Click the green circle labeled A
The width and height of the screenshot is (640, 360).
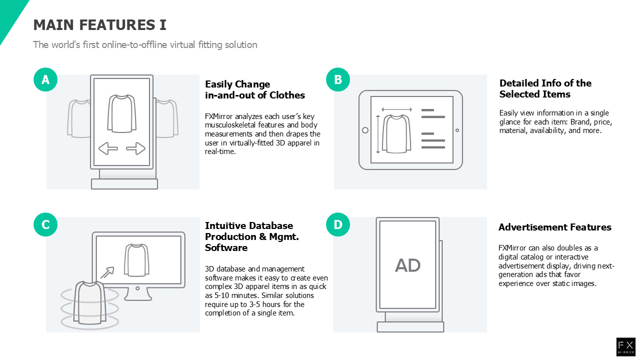tap(45, 79)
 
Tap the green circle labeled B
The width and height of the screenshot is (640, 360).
tap(338, 79)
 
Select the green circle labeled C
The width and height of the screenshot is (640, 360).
tap(45, 224)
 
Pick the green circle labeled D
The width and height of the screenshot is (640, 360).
tap(338, 224)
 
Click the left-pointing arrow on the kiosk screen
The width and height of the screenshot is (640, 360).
tap(108, 148)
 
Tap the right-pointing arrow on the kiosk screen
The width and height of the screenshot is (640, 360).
tap(135, 148)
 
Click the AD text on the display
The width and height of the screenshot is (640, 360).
tap(407, 265)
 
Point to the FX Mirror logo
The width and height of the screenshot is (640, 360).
tap(625, 347)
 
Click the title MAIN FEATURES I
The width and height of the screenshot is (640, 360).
tap(99, 25)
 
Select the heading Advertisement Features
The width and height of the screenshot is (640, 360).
tap(555, 227)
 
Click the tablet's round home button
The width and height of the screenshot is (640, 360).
tap(365, 130)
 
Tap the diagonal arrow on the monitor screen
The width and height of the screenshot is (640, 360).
tap(107, 272)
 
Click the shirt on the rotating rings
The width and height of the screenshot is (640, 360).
tap(90, 303)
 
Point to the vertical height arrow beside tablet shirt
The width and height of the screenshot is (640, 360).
tap(378, 134)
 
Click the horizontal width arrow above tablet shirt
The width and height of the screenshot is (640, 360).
tap(397, 109)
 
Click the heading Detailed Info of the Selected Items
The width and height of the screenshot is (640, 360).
tap(545, 88)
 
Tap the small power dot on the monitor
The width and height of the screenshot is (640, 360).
tap(137, 288)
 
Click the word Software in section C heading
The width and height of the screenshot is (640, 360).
tap(226, 247)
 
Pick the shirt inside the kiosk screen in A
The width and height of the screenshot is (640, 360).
tap(121, 113)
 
